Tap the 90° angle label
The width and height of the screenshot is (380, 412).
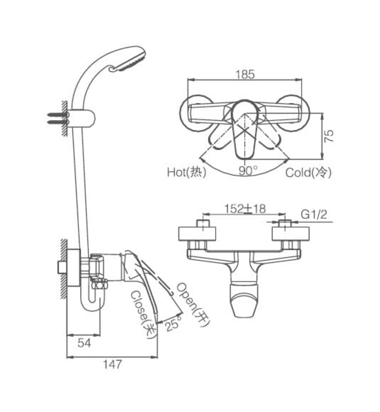point(248,171)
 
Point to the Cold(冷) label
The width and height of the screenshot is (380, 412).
point(309,172)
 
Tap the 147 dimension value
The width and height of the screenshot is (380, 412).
point(111,364)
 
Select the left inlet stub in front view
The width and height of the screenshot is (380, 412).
point(202,227)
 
